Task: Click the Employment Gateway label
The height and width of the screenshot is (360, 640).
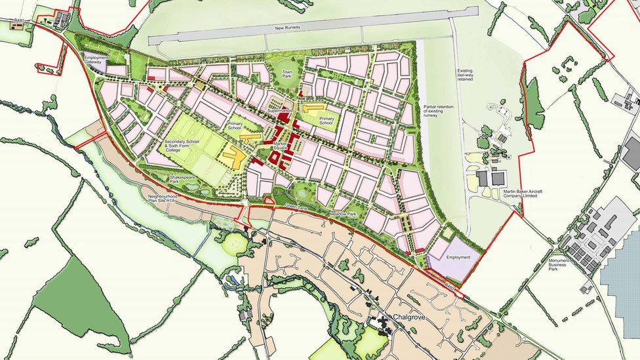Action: (x=96, y=60)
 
